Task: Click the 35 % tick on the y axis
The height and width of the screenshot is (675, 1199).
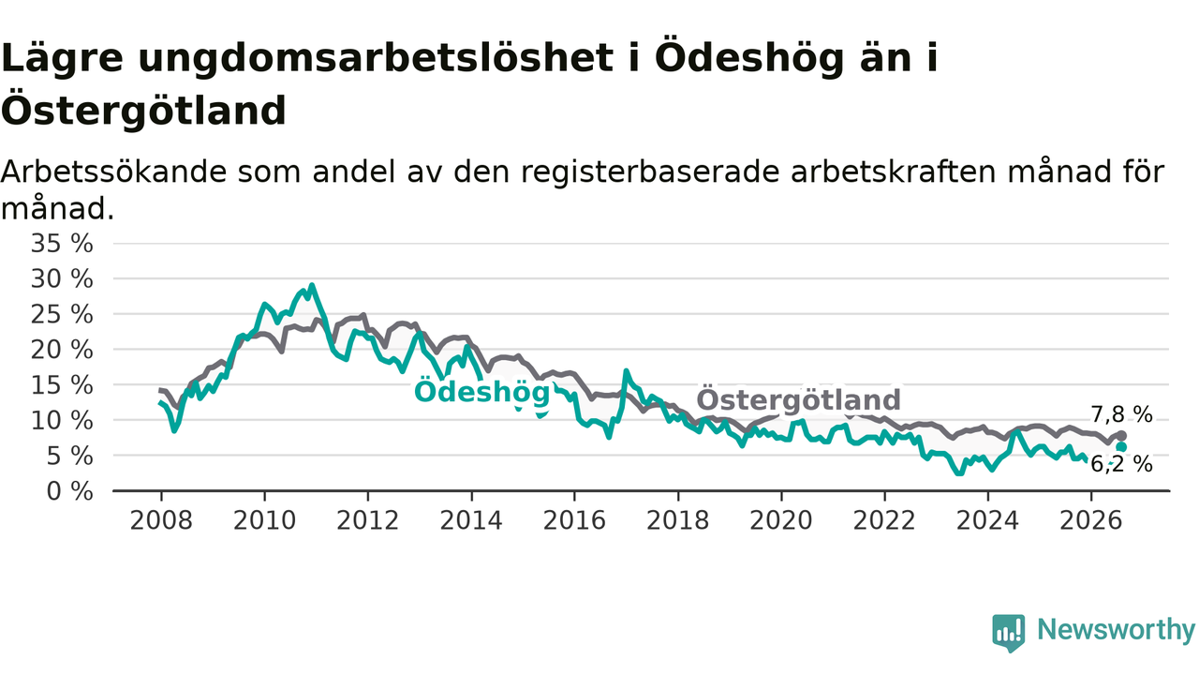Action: click(62, 244)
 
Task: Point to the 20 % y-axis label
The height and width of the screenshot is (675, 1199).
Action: click(62, 350)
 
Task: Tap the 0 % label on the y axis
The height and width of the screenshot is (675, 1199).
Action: click(69, 491)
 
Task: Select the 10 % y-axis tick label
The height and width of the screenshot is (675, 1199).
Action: click(62, 421)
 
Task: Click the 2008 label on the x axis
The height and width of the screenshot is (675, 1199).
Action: click(161, 520)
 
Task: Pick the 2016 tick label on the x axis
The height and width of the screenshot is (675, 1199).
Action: click(574, 520)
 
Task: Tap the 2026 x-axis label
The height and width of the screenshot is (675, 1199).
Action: click(1091, 520)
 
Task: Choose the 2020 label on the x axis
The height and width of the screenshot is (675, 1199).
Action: click(781, 520)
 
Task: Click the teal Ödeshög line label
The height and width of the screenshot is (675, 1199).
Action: click(482, 392)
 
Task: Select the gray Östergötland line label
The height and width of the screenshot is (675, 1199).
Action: click(799, 399)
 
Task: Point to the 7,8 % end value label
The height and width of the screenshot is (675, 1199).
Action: click(1121, 414)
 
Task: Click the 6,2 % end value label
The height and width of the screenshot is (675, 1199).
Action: click(1121, 464)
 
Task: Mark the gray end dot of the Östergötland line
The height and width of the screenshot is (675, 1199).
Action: click(1121, 436)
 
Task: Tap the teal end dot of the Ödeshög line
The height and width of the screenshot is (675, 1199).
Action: click(1121, 447)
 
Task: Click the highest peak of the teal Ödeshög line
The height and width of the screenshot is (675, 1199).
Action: click(312, 286)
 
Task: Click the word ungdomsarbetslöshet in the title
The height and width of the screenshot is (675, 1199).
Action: click(376, 59)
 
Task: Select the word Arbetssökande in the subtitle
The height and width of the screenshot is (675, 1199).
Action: click(114, 172)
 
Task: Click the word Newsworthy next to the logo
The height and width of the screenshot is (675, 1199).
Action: click(1116, 629)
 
